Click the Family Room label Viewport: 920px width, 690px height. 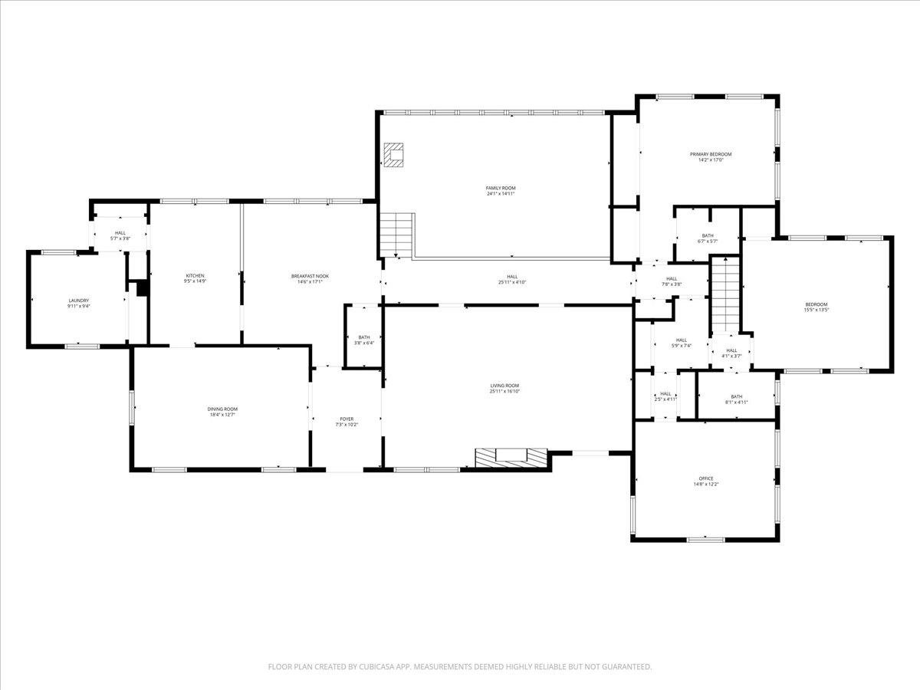click(500, 188)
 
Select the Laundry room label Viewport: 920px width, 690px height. click(78, 301)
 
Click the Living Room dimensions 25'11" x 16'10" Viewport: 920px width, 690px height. click(505, 391)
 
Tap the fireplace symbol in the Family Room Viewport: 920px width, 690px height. click(394, 155)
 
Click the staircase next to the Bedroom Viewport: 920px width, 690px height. click(725, 294)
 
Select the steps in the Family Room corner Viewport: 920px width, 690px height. click(397, 235)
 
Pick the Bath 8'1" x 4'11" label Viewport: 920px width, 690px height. click(736, 399)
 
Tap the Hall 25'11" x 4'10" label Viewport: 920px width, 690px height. click(512, 282)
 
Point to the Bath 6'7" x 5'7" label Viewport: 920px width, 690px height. click(708, 238)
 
